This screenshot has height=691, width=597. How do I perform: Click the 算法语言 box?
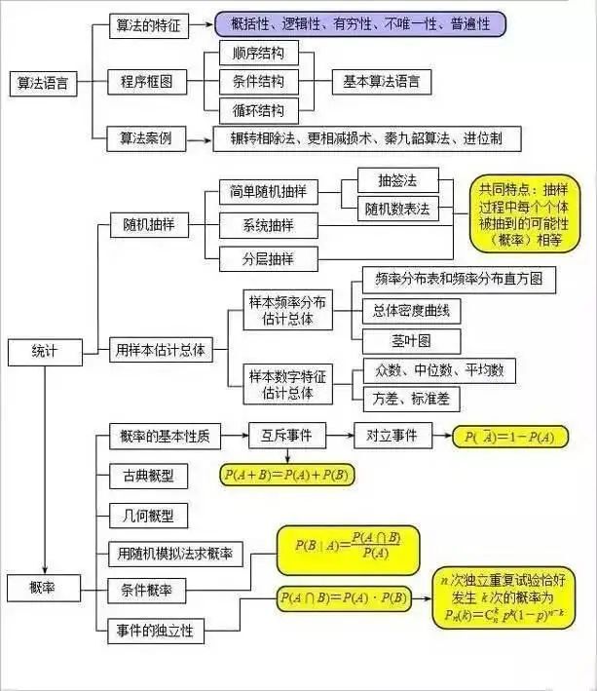(43, 83)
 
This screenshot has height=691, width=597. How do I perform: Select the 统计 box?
(45, 350)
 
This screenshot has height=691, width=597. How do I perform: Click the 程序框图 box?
(146, 83)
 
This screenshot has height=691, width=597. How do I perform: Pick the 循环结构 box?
(251, 109)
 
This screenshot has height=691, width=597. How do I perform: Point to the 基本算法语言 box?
(381, 82)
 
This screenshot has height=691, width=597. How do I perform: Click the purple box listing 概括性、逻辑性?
(360, 22)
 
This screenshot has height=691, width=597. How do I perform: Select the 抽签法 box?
(395, 180)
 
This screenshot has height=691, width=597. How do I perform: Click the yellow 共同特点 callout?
(523, 213)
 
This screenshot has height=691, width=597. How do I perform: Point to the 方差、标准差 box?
(410, 399)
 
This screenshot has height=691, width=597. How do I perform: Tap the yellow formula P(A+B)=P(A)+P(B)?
(286, 475)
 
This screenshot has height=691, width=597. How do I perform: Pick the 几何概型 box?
(149, 515)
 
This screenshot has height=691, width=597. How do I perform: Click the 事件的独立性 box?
(155, 631)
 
